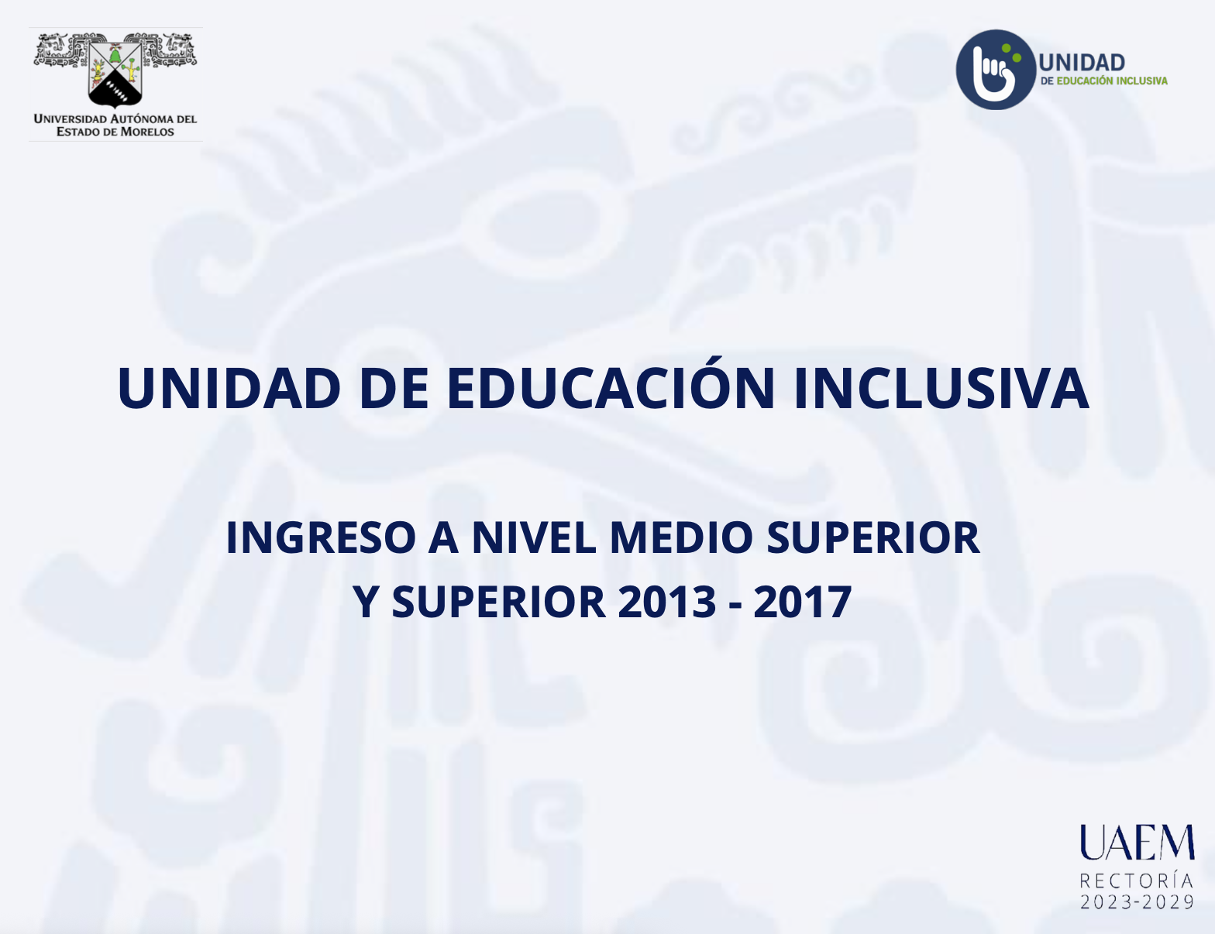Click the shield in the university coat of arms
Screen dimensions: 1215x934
tap(115, 73)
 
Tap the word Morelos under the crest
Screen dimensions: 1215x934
tap(147, 132)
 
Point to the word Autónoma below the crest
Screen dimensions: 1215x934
tap(142, 118)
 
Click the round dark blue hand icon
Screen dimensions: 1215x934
tap(996, 70)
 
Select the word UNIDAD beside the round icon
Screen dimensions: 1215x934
tap(1082, 63)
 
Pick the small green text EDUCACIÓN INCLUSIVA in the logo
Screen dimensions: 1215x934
tap(1112, 81)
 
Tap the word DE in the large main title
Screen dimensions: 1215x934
tap(394, 388)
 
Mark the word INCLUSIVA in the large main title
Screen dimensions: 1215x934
tap(941, 388)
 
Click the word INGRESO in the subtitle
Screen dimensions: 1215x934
tap(321, 537)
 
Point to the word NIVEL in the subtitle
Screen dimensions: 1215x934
tap(534, 537)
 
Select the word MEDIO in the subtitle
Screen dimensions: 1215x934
tap(682, 537)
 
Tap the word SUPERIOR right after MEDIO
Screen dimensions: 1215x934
tap(873, 537)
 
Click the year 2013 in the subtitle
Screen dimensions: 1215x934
tap(667, 602)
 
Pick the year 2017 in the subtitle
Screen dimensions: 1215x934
tap(802, 602)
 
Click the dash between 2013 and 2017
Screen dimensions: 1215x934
tap(735, 606)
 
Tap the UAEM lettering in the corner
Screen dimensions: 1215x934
tap(1138, 843)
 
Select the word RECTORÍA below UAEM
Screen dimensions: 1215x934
tap(1137, 881)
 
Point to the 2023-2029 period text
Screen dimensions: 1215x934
tap(1138, 902)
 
